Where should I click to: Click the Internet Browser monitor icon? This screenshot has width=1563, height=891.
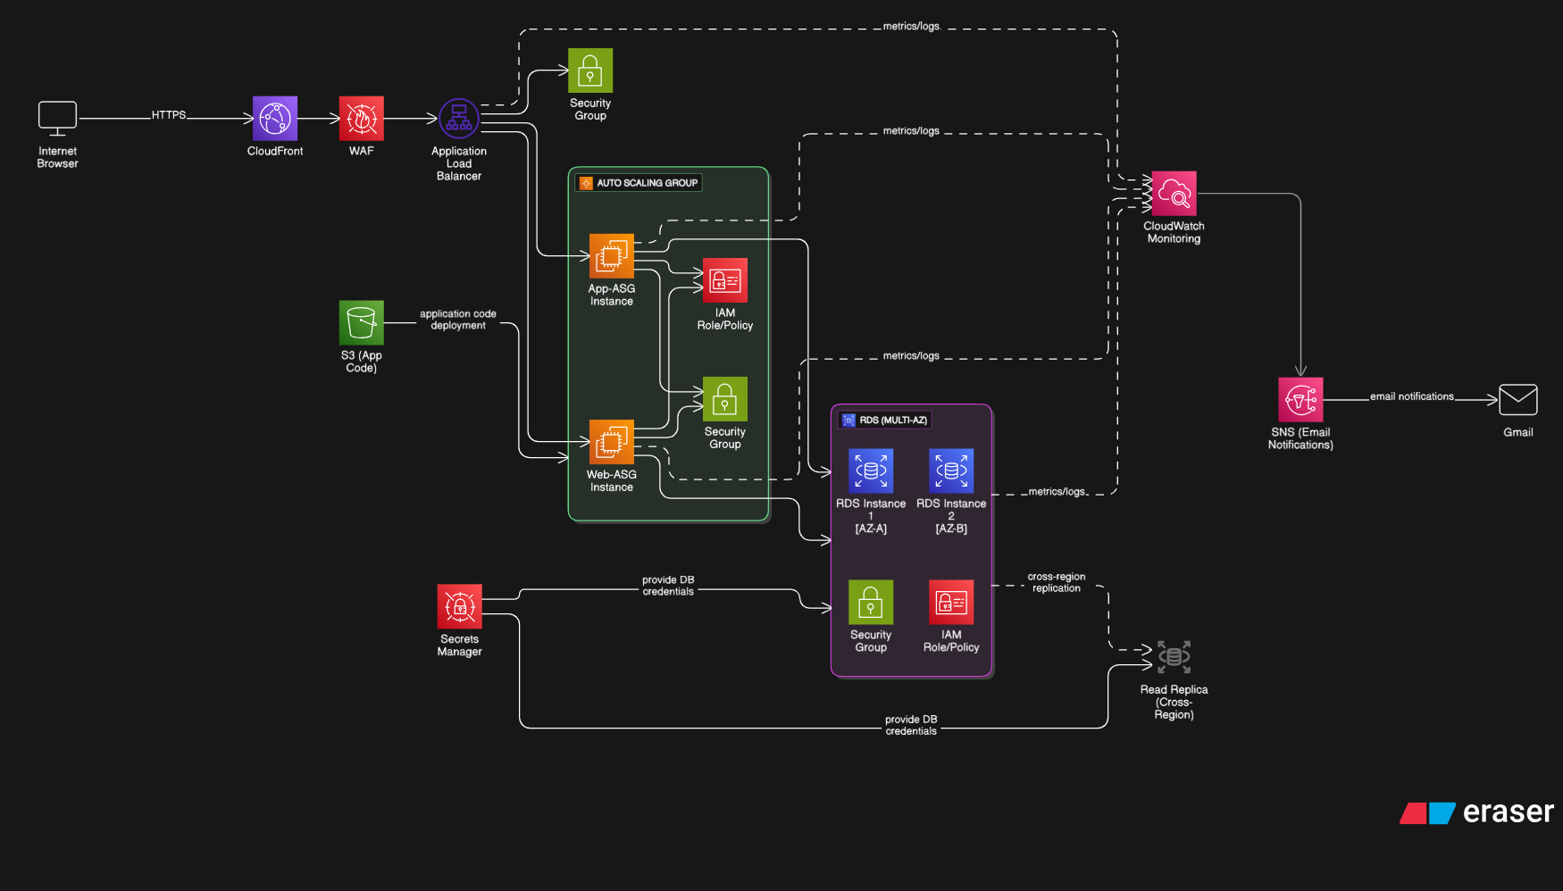[x=57, y=119]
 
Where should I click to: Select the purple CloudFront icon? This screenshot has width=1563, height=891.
[x=275, y=119]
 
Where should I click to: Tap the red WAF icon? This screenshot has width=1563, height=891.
[x=361, y=119]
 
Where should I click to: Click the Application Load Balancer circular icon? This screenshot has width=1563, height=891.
[x=459, y=119]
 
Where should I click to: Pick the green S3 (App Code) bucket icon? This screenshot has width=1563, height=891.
[x=361, y=322]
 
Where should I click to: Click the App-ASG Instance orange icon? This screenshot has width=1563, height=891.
[x=611, y=256]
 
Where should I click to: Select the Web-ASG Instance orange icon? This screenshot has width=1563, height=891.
[x=611, y=442]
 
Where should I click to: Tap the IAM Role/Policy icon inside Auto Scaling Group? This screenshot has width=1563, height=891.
[x=724, y=280]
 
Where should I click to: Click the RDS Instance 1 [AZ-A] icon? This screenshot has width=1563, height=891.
[x=871, y=470]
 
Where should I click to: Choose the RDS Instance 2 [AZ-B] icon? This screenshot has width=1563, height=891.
[x=951, y=470]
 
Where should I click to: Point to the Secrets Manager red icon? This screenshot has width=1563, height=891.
[x=459, y=607]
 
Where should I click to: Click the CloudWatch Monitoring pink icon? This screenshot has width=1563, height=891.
[x=1174, y=194]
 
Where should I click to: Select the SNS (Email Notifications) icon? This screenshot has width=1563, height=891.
[x=1300, y=400]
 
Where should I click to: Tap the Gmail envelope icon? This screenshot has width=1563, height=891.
[x=1517, y=400]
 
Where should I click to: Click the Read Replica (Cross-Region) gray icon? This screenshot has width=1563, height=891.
[x=1174, y=657]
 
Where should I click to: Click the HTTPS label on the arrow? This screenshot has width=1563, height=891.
[x=169, y=115]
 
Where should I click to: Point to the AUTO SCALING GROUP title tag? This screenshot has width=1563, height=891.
[x=639, y=183]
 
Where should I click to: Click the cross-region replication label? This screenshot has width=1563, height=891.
[x=1057, y=582]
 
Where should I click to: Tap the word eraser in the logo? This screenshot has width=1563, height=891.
[x=1508, y=812]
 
